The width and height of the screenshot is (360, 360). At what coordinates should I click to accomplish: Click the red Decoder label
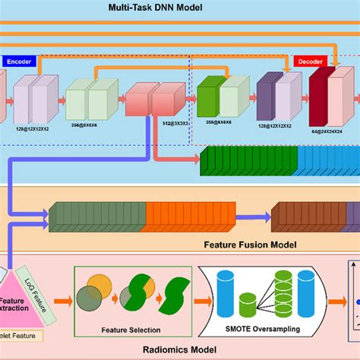point(310,62)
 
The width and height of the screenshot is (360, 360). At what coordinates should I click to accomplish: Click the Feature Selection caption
point(131,330)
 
